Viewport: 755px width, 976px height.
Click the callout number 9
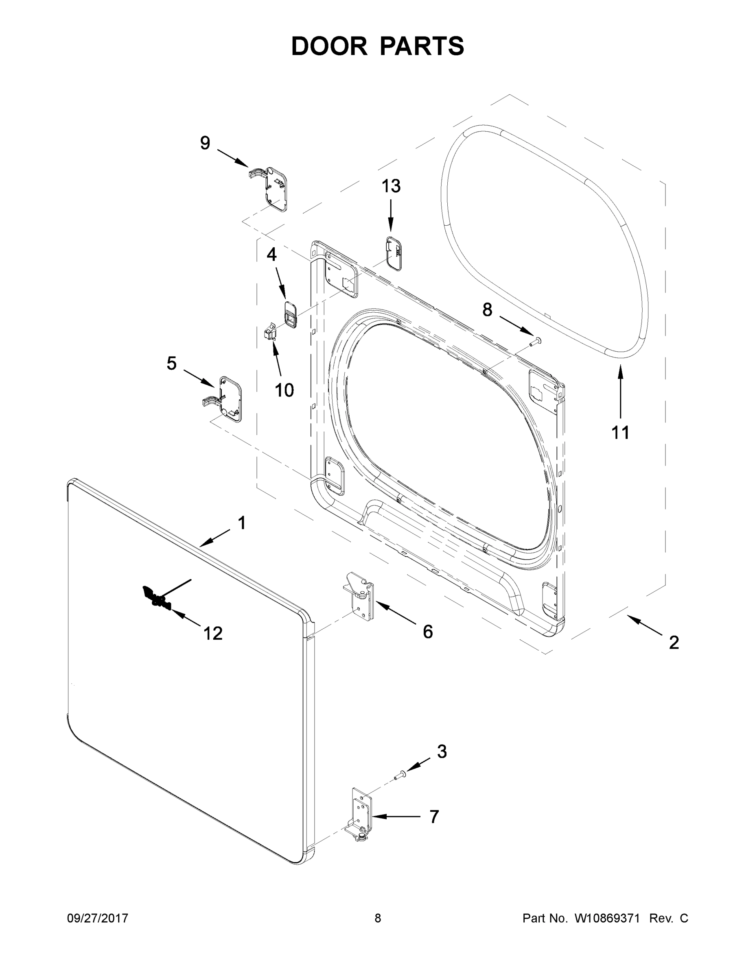[x=205, y=143]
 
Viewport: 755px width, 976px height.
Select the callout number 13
[x=390, y=186]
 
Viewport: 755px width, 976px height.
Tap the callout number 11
[x=620, y=433]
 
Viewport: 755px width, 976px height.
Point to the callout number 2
[x=674, y=643]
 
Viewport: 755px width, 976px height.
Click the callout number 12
[x=213, y=633]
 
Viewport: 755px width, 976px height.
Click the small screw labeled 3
[x=399, y=776]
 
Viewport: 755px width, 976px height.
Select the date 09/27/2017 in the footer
[x=98, y=918]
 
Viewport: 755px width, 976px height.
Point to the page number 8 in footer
[x=378, y=918]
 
